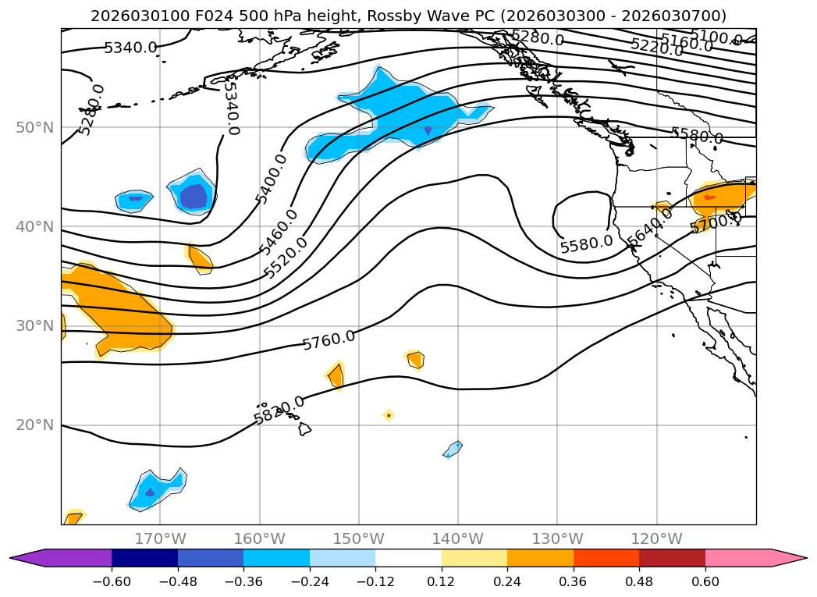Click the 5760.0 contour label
(329, 339)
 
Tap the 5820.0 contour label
(279, 410)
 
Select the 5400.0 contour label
(272, 179)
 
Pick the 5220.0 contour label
(656, 47)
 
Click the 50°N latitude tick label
(34, 127)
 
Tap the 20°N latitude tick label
(34, 425)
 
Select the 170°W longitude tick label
(160, 538)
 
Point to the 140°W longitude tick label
(458, 538)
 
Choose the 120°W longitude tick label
(656, 538)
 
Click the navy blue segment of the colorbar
(144, 557)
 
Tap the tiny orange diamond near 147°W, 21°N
(388, 415)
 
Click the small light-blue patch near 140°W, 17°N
(453, 449)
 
